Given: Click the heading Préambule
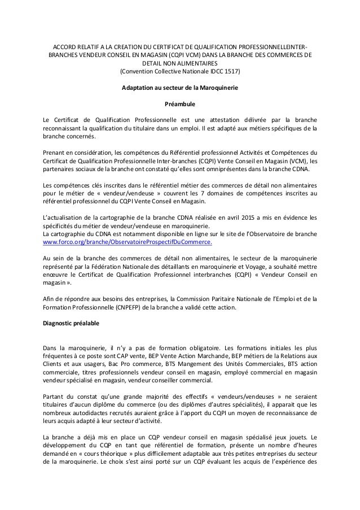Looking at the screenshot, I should coord(180,104).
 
